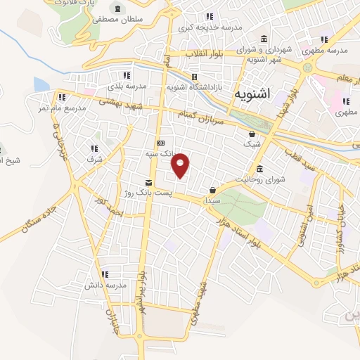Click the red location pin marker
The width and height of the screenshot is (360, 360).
(181, 165)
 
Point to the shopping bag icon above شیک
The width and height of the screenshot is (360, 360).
(252, 134)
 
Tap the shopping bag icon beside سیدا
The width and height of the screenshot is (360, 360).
(212, 190)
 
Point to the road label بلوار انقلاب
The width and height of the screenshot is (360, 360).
(203, 54)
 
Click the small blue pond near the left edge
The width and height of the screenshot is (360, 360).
(41, 84)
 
